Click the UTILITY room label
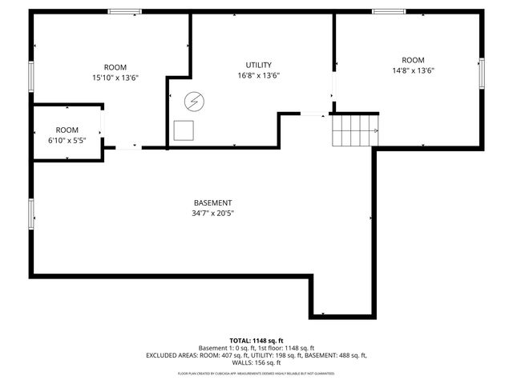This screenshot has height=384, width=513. (258, 65)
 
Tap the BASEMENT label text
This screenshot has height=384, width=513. (212, 202)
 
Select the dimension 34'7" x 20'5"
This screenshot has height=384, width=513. (212, 214)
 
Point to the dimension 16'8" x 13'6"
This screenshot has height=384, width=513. (258, 75)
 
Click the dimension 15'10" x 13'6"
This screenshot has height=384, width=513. (115, 78)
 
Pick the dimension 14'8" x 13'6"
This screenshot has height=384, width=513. (413, 70)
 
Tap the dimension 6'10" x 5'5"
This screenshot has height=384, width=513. (67, 140)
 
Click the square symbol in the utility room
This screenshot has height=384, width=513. (184, 130)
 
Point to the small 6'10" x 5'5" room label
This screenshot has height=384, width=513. (67, 130)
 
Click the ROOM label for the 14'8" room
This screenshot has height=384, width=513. (413, 60)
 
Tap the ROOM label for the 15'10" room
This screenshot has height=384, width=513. (115, 67)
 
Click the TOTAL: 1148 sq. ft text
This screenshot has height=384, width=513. (256, 340)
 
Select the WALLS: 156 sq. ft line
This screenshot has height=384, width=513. (256, 362)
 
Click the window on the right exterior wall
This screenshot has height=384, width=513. (482, 73)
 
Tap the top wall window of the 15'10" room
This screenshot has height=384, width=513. (125, 11)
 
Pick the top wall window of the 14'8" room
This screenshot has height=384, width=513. (389, 11)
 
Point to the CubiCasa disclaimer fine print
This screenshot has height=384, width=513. (256, 374)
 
